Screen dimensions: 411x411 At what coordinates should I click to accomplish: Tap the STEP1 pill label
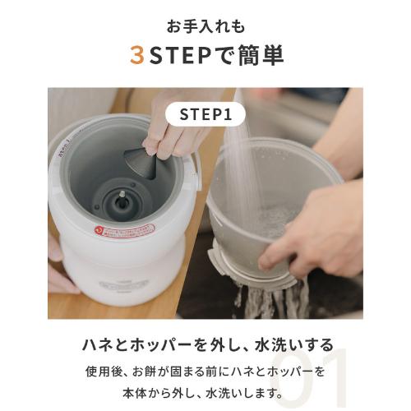coord(205,114)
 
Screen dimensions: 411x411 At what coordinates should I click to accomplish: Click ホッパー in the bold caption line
coord(170,344)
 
